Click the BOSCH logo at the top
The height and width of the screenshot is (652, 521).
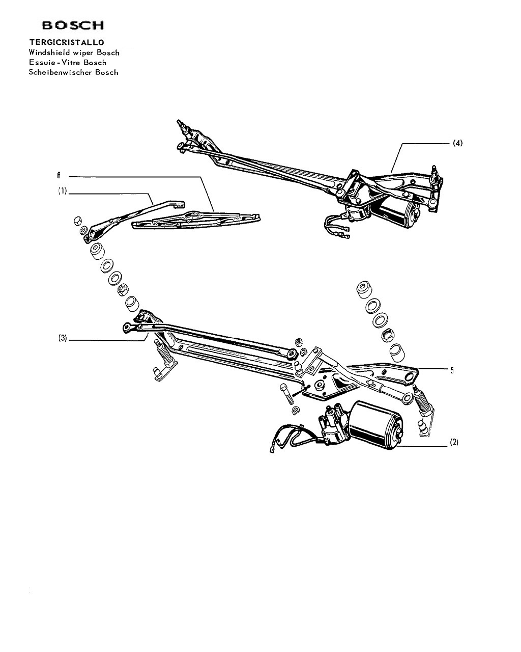click(73, 25)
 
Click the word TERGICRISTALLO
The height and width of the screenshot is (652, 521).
click(67, 42)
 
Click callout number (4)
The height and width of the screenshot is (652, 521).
click(457, 143)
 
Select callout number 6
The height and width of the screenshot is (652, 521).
click(59, 175)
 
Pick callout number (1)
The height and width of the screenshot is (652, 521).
click(63, 192)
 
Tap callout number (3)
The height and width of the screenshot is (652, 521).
click(63, 338)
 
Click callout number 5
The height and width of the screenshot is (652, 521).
click(452, 370)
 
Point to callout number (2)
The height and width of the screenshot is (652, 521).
click(454, 442)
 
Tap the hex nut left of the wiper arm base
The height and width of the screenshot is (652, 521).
click(78, 221)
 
